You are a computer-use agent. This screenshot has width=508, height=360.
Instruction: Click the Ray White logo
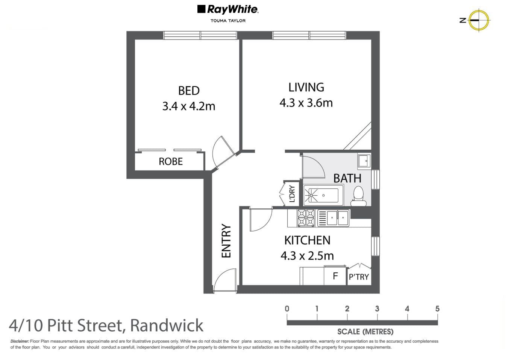coord(227,9)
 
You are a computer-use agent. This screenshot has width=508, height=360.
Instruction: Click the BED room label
coord(189,91)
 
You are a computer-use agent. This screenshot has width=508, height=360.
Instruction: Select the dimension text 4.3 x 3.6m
coord(306,103)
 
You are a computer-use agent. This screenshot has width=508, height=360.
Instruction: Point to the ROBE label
coord(170,161)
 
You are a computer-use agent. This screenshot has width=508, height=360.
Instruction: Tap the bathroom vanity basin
coord(364,161)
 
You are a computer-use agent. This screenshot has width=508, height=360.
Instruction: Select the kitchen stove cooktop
coord(306,218)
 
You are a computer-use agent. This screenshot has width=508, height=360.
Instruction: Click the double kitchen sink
coord(334,218)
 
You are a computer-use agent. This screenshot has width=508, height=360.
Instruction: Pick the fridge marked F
coord(335,276)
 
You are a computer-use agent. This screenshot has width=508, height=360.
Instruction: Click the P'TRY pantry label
coord(359,277)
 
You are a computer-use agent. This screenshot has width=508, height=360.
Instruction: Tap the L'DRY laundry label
coord(292,194)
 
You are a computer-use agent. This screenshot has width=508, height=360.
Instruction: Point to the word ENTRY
coord(226,241)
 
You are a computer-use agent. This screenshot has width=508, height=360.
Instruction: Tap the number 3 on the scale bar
coord(377,309)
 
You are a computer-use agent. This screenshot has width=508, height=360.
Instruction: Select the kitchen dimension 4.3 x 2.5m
coord(307,256)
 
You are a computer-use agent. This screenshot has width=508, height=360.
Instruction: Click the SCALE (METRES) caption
coord(365,332)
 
